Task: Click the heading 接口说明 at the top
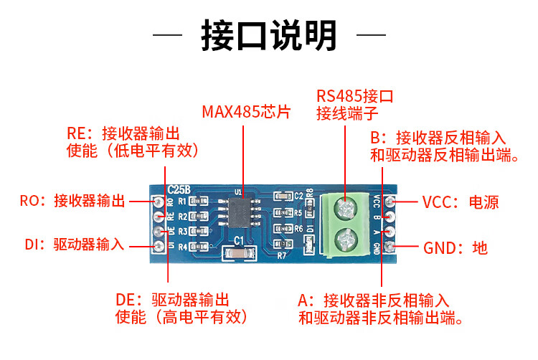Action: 268,33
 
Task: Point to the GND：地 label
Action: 455,248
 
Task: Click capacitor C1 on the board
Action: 239,252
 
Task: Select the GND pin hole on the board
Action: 390,247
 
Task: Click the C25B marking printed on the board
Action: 179,189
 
